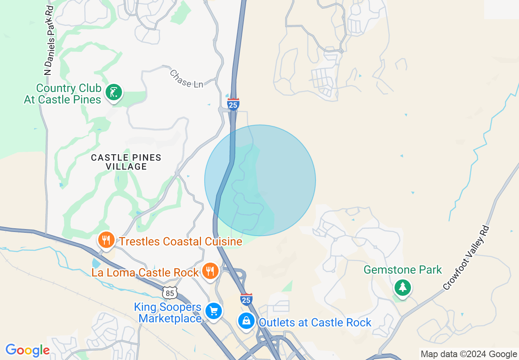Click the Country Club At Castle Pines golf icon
click(x=113, y=92)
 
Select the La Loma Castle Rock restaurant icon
click(x=210, y=271)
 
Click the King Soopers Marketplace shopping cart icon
click(x=213, y=311)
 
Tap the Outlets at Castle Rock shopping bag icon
click(x=246, y=321)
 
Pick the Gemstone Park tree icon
click(x=402, y=287)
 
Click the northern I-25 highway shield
click(x=233, y=104)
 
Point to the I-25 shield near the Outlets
click(x=246, y=299)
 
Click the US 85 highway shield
click(x=169, y=292)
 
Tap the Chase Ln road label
click(x=186, y=79)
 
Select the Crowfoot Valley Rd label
click(x=466, y=258)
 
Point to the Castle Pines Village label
click(x=126, y=162)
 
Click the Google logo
click(x=27, y=350)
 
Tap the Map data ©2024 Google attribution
click(x=469, y=354)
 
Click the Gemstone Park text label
click(x=403, y=270)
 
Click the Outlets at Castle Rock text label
click(x=315, y=322)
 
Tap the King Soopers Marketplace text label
click(x=168, y=313)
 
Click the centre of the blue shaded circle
click(x=260, y=180)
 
